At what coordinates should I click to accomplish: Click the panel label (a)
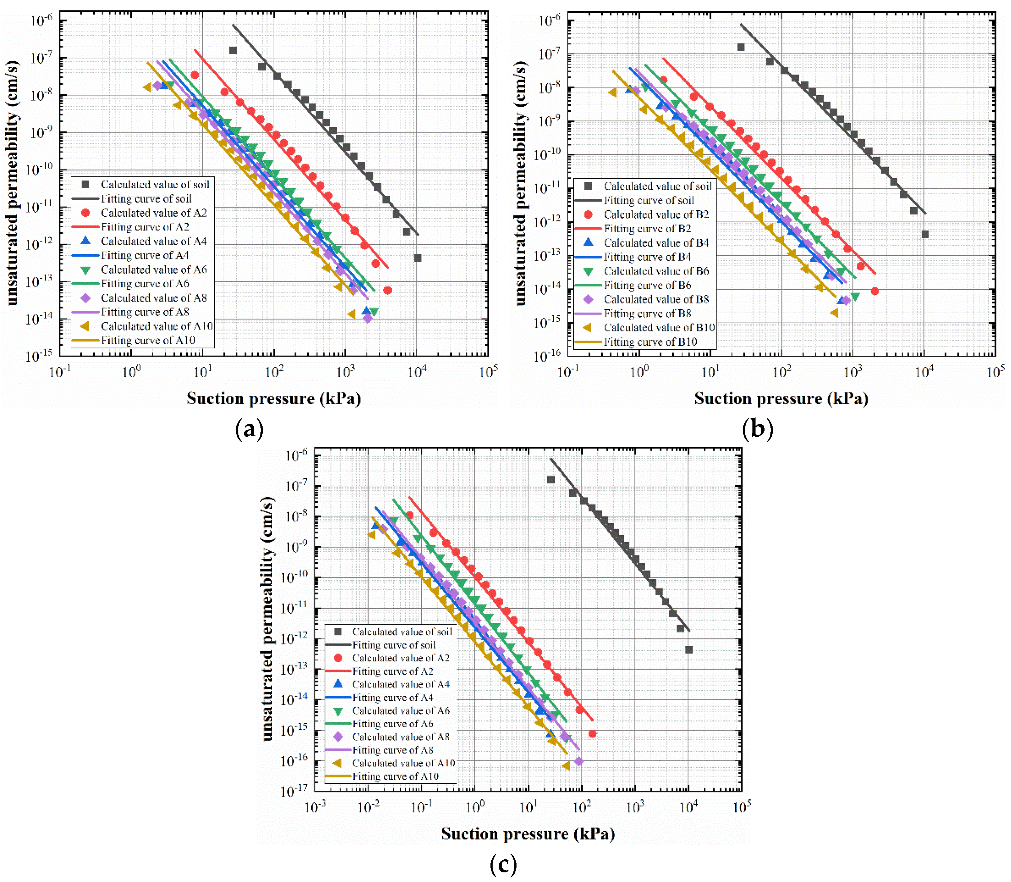[x=250, y=429]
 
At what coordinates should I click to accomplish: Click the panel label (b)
[x=758, y=429]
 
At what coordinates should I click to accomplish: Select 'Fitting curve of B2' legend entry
[x=647, y=229]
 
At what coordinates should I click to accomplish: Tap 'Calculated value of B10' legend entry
[x=659, y=328]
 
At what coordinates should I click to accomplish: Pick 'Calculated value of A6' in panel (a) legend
[x=153, y=270]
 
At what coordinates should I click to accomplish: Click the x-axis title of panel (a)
[x=273, y=399]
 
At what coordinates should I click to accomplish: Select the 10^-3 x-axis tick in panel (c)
[x=315, y=808]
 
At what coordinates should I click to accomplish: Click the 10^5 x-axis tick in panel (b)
[x=995, y=372]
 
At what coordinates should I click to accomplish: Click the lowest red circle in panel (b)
[x=874, y=291]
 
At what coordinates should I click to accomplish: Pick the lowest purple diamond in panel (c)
[x=579, y=762]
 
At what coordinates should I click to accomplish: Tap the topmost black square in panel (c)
[x=551, y=480]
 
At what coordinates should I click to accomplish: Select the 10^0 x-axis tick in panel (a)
[x=131, y=372]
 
